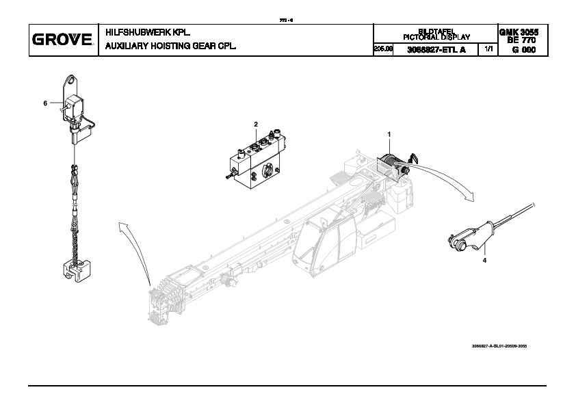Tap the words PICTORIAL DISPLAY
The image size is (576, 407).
point(436,36)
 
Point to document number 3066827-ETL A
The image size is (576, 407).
point(436,50)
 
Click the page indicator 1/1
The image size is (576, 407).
point(488,50)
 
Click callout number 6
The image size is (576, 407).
point(45,103)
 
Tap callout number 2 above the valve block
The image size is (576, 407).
point(256,124)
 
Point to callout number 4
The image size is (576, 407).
point(484,261)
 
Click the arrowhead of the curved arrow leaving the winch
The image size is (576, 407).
point(467,196)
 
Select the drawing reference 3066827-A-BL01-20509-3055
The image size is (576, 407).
point(499,346)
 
